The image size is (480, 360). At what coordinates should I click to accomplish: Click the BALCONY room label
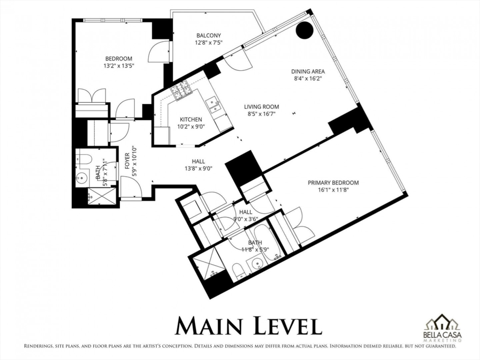pyautogui.click(x=208, y=35)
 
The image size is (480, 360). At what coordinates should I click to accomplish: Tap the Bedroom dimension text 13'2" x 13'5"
pyautogui.click(x=119, y=66)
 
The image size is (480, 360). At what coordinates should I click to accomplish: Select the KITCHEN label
pyautogui.click(x=191, y=120)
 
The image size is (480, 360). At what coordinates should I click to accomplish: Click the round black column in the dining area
pyautogui.click(x=304, y=30)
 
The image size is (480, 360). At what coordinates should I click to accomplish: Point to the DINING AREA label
pyautogui.click(x=308, y=71)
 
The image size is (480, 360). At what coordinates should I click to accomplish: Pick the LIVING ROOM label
pyautogui.click(x=262, y=107)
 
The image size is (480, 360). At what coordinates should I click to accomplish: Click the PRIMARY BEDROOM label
pyautogui.click(x=333, y=183)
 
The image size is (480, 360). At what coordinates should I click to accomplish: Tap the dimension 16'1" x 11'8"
pyautogui.click(x=333, y=190)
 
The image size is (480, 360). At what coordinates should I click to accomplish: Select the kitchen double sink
pyautogui.click(x=213, y=106)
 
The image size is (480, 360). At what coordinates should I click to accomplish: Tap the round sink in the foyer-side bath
pyautogui.click(x=82, y=178)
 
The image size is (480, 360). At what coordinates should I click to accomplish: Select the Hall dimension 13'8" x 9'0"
pyautogui.click(x=199, y=169)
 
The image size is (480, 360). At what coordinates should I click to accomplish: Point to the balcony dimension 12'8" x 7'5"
pyautogui.click(x=209, y=43)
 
